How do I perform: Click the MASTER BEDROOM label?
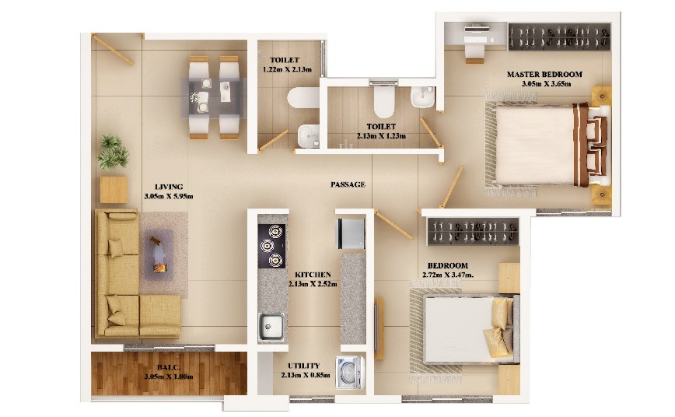pos(544,74)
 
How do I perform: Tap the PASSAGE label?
pos(348,184)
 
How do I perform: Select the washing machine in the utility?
pos(351,372)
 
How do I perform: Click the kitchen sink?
pos(271,327)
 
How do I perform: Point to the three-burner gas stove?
pos(271,246)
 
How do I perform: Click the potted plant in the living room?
pos(113,152)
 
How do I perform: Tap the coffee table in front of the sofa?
pos(159,255)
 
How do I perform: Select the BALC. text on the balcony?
pos(168,367)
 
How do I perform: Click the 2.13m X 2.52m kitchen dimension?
pos(313,284)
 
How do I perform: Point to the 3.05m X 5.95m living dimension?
pos(169,196)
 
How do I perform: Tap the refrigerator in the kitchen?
pos(351,233)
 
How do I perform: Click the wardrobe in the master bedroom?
pos(559,37)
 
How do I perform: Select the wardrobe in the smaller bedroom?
pos(473,231)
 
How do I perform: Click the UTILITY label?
pos(304,366)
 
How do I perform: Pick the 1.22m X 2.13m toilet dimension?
pos(287,69)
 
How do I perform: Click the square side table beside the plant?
pos(114,190)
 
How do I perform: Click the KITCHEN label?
pos(313,275)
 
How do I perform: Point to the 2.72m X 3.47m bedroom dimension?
pos(448,275)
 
